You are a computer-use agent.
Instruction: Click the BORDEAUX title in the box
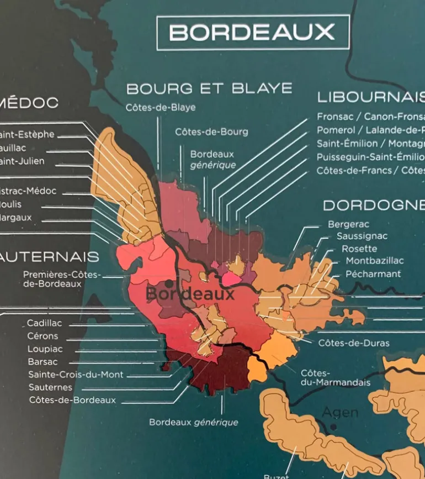(252, 33)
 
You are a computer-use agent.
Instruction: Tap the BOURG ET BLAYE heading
(209, 88)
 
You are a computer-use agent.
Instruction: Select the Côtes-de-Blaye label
(160, 108)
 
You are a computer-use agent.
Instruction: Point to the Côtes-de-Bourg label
(211, 132)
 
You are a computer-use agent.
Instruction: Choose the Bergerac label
(348, 224)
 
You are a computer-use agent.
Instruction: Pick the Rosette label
(359, 249)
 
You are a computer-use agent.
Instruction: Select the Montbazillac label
(375, 261)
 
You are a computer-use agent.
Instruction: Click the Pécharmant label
(373, 274)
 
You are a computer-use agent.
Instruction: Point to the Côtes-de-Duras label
(354, 343)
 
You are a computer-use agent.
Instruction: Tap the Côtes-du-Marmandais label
(335, 378)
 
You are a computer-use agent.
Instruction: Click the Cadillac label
(45, 323)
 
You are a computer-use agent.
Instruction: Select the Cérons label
(42, 336)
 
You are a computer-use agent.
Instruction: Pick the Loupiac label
(45, 349)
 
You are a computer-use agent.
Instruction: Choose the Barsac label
(42, 362)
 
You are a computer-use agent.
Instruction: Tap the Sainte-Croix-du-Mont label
(76, 375)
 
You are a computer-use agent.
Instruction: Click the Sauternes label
(50, 387)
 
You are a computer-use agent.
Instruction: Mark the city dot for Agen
(333, 427)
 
